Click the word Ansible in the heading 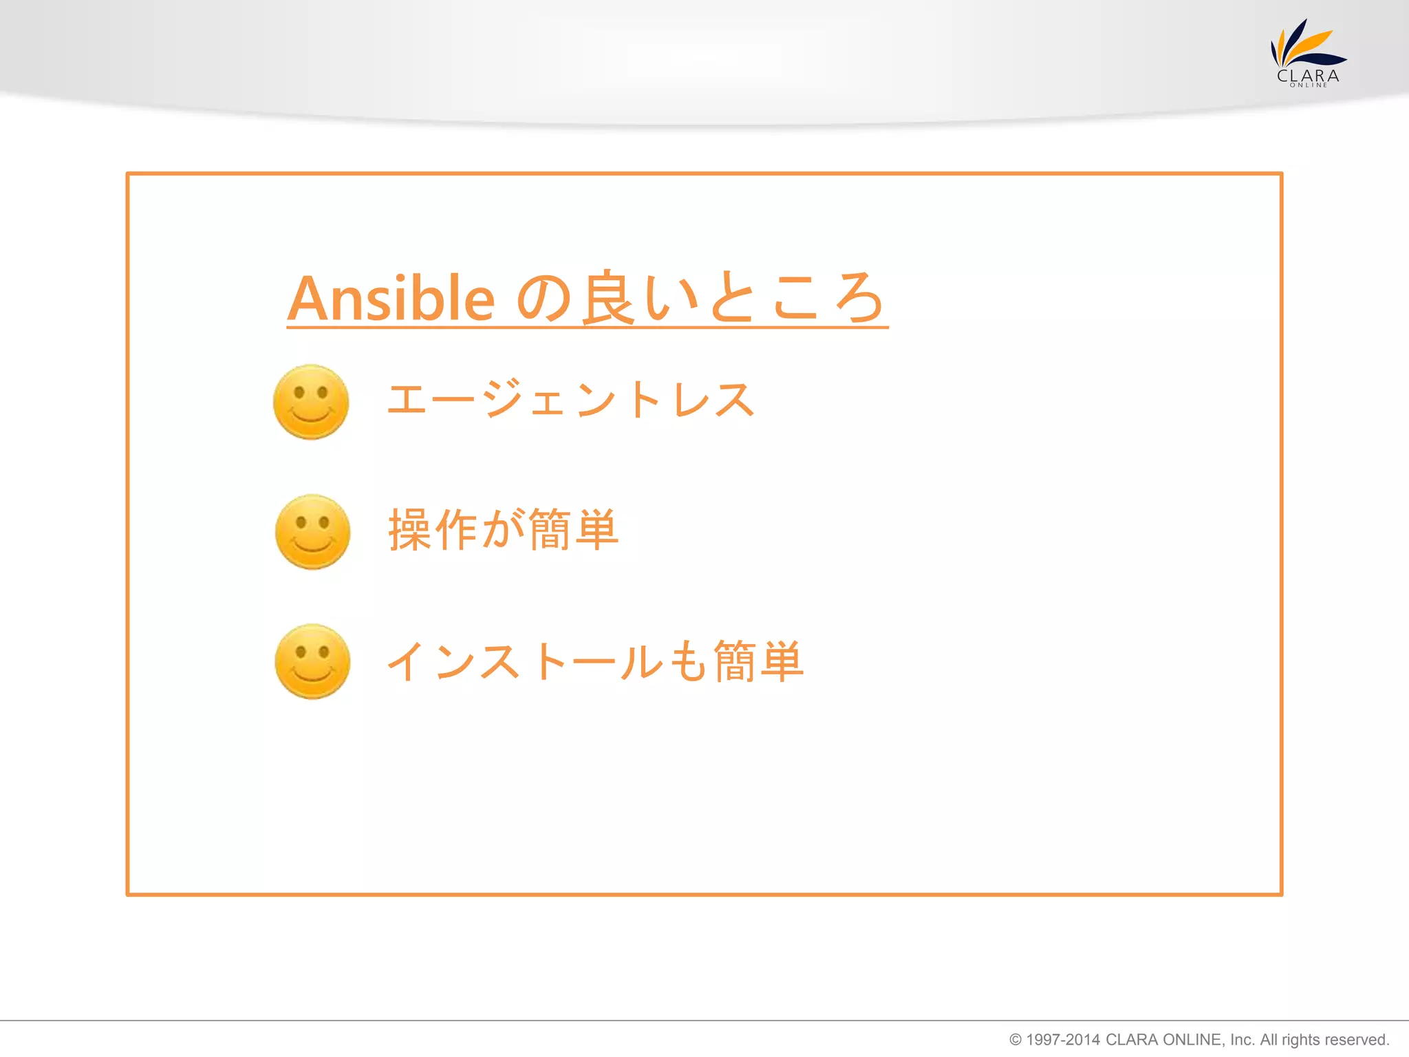tap(391, 299)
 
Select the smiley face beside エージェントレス tap(311, 403)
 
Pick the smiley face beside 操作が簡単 tap(312, 532)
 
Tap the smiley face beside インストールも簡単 tap(312, 661)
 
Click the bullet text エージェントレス tap(570, 400)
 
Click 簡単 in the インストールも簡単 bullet tap(758, 661)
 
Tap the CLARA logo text tap(1308, 76)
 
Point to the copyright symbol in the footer tap(1015, 1040)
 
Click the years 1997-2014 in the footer tap(1063, 1040)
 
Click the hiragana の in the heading tap(544, 299)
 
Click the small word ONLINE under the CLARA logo tap(1309, 85)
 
